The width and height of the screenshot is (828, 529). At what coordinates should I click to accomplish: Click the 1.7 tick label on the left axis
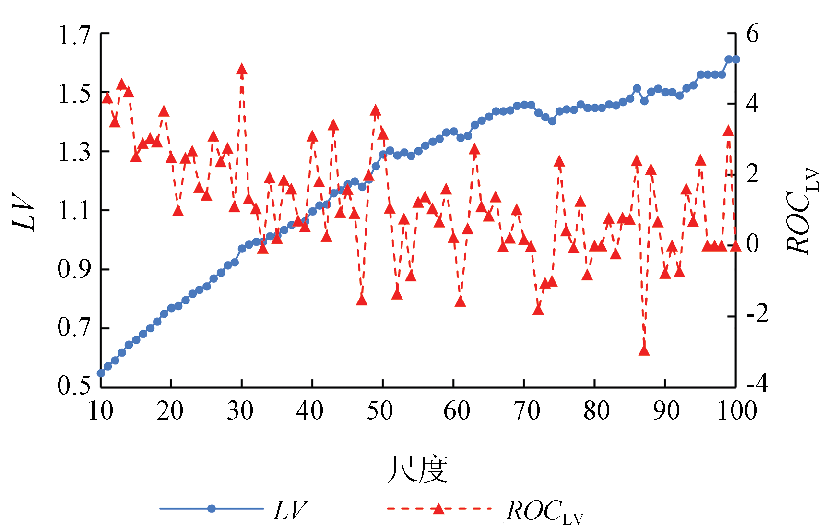click(74, 36)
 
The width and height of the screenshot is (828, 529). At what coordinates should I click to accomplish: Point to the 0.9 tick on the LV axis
click(74, 270)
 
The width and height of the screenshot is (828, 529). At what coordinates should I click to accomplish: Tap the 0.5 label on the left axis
click(74, 386)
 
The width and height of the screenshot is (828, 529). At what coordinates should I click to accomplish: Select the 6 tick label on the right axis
click(752, 35)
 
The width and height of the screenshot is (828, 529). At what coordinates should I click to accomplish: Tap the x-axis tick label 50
click(380, 411)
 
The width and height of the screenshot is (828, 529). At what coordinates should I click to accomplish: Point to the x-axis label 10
click(101, 411)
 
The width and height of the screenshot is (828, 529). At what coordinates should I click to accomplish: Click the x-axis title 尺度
click(418, 469)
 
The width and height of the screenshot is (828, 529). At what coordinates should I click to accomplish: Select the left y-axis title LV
click(24, 211)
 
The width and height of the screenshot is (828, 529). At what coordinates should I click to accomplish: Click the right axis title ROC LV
click(801, 211)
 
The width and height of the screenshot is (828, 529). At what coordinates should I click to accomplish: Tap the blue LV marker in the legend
click(212, 509)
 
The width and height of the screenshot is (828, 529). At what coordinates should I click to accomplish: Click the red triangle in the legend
click(438, 508)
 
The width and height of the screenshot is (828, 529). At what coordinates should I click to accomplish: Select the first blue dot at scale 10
click(101, 373)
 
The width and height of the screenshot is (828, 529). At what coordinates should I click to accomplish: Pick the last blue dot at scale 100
click(736, 60)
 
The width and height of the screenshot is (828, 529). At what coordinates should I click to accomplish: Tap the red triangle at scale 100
click(736, 246)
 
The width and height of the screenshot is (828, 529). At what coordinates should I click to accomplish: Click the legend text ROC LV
click(544, 512)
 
